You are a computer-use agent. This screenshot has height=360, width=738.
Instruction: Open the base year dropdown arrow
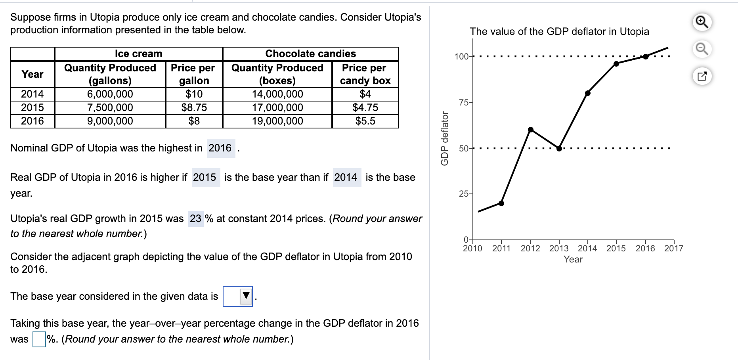[x=246, y=296]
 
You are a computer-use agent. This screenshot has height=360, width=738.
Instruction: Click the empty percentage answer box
[x=39, y=339]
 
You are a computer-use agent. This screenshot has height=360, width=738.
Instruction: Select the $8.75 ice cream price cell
[x=194, y=107]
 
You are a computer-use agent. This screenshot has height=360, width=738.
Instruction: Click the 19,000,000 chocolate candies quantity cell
[x=277, y=121]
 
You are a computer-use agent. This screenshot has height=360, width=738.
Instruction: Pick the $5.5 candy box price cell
[x=365, y=121]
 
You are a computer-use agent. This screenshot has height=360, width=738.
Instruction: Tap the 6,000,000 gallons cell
[x=110, y=94]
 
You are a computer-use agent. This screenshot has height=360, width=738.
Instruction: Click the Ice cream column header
[x=138, y=54]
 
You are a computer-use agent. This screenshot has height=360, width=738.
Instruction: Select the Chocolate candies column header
[x=310, y=54]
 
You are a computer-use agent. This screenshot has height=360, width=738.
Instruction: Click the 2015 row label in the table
[x=33, y=107]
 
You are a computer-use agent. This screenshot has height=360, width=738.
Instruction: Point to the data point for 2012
[x=530, y=130]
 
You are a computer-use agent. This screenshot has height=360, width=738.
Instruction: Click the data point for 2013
[x=559, y=149]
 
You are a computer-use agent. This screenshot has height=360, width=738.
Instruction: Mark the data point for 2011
[x=501, y=203]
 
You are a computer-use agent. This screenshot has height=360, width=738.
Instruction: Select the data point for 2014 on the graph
[x=587, y=93]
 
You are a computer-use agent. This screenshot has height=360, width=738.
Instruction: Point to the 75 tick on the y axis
[x=463, y=103]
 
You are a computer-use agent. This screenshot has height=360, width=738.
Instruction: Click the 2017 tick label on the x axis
[x=674, y=249]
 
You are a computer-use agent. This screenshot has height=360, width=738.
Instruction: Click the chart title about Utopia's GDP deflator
[x=559, y=31]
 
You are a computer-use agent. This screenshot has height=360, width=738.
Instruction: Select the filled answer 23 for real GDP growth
[x=195, y=218]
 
